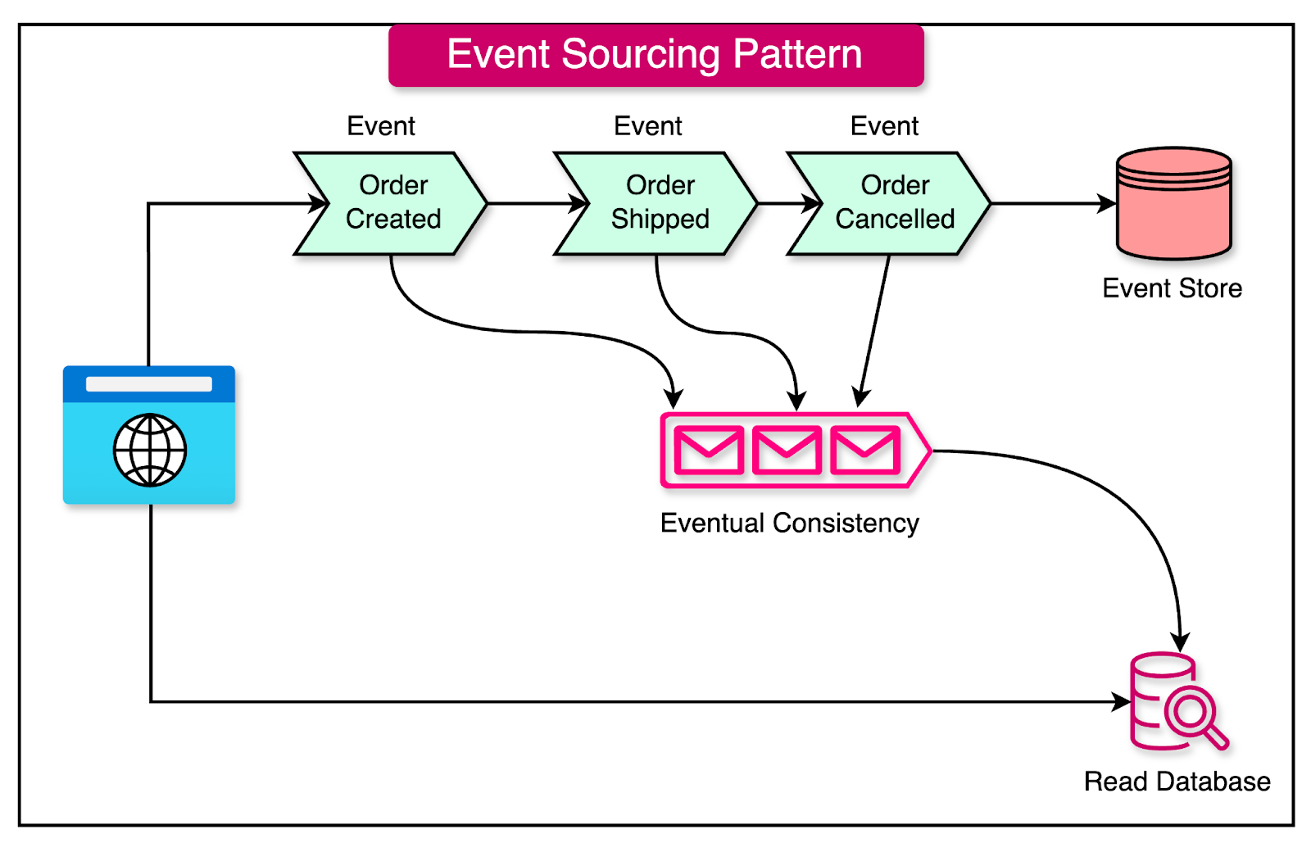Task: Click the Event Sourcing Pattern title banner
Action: (x=655, y=55)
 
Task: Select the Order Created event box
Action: (x=392, y=203)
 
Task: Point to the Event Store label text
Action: (x=1172, y=288)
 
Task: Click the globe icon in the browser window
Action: (x=150, y=450)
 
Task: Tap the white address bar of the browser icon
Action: (x=149, y=384)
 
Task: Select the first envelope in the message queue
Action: (x=708, y=450)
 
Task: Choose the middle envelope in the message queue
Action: (x=787, y=450)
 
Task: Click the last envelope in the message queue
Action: (x=865, y=450)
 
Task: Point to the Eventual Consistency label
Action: (x=789, y=523)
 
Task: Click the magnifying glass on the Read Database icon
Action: (x=1192, y=713)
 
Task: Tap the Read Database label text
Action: (x=1177, y=782)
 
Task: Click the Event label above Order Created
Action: (x=381, y=126)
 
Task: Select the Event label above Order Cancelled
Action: (x=884, y=126)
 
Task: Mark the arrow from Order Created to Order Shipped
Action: (x=533, y=203)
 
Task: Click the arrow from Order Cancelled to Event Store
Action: (x=1053, y=203)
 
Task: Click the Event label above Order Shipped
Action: (x=647, y=126)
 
